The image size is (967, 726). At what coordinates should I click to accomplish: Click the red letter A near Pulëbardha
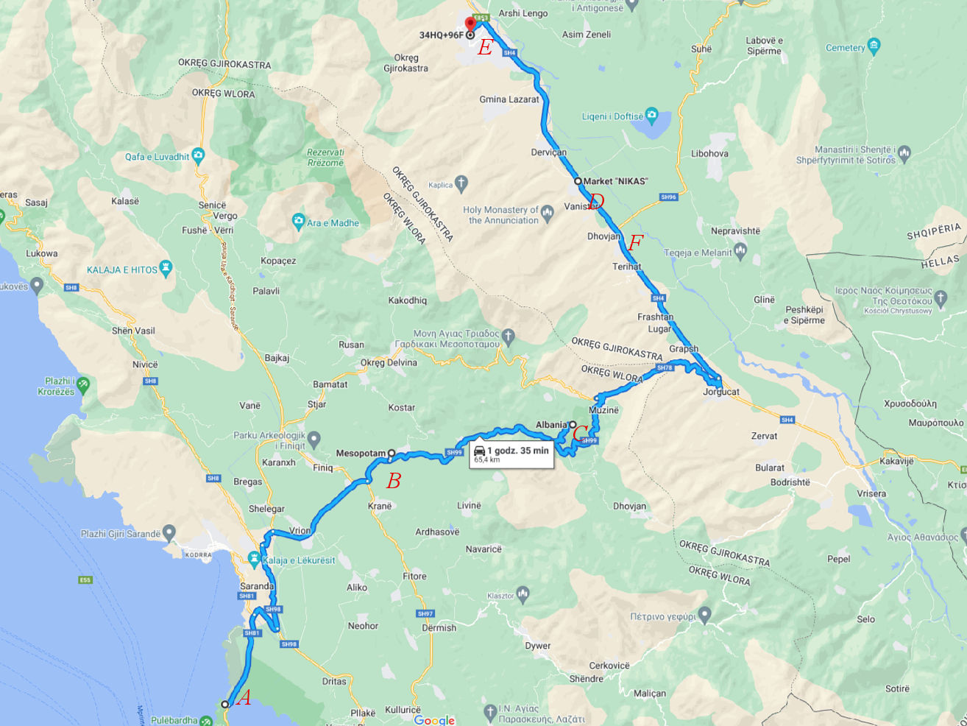click(x=244, y=697)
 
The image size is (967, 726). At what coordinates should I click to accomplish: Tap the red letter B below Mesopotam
click(x=394, y=481)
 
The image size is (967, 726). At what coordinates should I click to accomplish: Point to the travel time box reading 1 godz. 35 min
click(x=511, y=454)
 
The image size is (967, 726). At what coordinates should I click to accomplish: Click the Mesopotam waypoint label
click(x=361, y=454)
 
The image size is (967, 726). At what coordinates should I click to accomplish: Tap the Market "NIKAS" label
click(x=615, y=181)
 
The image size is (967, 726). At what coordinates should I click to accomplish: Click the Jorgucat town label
click(x=720, y=392)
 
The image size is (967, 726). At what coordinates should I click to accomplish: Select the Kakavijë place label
click(x=896, y=462)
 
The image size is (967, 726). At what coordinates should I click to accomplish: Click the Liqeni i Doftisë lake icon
click(x=651, y=116)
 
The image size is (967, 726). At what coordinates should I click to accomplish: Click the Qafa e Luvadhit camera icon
click(x=197, y=156)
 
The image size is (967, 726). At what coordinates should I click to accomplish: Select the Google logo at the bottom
click(x=434, y=719)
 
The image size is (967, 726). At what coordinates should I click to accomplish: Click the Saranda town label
click(x=257, y=586)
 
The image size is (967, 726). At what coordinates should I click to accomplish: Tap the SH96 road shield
click(x=668, y=197)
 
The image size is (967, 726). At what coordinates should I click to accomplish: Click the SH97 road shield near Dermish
click(x=425, y=613)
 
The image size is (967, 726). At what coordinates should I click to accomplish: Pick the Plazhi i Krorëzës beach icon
click(x=83, y=384)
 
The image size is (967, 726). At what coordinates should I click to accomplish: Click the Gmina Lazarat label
click(x=509, y=99)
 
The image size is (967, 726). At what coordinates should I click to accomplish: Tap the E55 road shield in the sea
click(x=85, y=580)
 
